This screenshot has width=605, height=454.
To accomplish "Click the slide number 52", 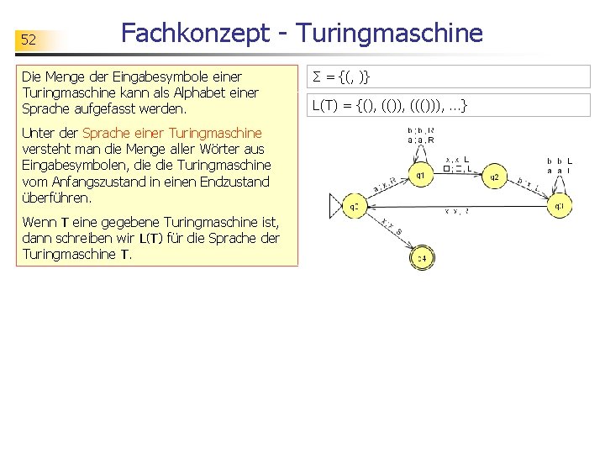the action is [29, 40].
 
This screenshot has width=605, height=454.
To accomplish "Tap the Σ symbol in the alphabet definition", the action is [317, 78].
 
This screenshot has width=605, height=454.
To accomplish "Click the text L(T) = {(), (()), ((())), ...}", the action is [389, 106].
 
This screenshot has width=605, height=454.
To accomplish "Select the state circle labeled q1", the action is [421, 176].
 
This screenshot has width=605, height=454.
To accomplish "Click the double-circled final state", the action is [422, 259].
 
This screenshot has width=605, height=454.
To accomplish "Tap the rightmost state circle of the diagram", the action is [560, 204].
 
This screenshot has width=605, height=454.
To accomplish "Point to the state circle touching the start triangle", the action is [355, 205].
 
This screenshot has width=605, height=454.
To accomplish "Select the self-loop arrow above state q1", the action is [420, 151].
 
